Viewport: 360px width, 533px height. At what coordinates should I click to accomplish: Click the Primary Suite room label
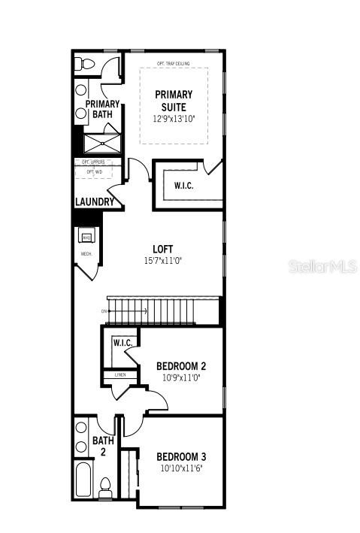(174, 101)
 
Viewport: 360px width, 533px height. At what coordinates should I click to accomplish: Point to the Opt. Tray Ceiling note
(173, 64)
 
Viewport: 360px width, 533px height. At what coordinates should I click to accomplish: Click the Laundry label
(94, 202)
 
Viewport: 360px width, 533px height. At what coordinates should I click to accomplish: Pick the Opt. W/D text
(95, 172)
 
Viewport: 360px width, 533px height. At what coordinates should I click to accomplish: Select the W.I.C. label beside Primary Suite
(183, 186)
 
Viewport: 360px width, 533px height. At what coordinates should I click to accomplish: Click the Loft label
(163, 249)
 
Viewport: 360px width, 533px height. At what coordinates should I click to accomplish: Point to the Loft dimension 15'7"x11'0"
(163, 260)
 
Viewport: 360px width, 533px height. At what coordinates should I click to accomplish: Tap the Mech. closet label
(86, 254)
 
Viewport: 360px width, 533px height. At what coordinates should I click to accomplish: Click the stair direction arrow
(105, 310)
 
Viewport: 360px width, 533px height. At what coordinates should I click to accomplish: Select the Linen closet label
(120, 374)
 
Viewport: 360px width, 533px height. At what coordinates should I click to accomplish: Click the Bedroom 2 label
(180, 366)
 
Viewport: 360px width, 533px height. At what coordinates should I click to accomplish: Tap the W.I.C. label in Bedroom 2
(123, 344)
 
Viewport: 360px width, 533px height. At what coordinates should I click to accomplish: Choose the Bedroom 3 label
(181, 456)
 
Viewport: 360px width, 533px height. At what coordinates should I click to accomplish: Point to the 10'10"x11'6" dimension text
(181, 468)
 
